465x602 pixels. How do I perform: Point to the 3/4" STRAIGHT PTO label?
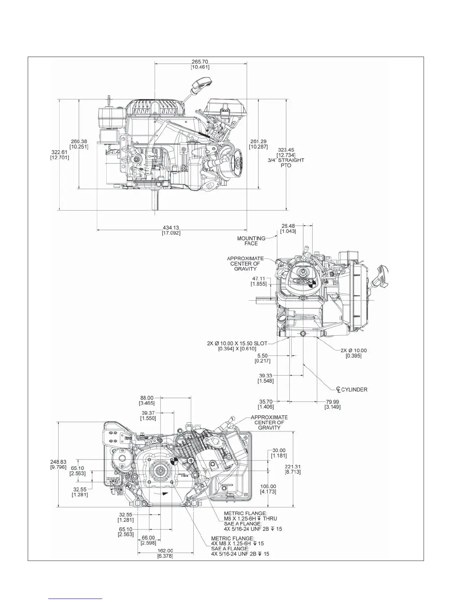pos(286,163)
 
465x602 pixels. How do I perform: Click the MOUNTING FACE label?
pos(251,241)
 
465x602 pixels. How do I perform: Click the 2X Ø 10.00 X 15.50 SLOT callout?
pos(237,343)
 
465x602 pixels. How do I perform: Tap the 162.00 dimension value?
pos(165,551)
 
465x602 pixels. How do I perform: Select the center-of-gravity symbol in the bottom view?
pos(174,461)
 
